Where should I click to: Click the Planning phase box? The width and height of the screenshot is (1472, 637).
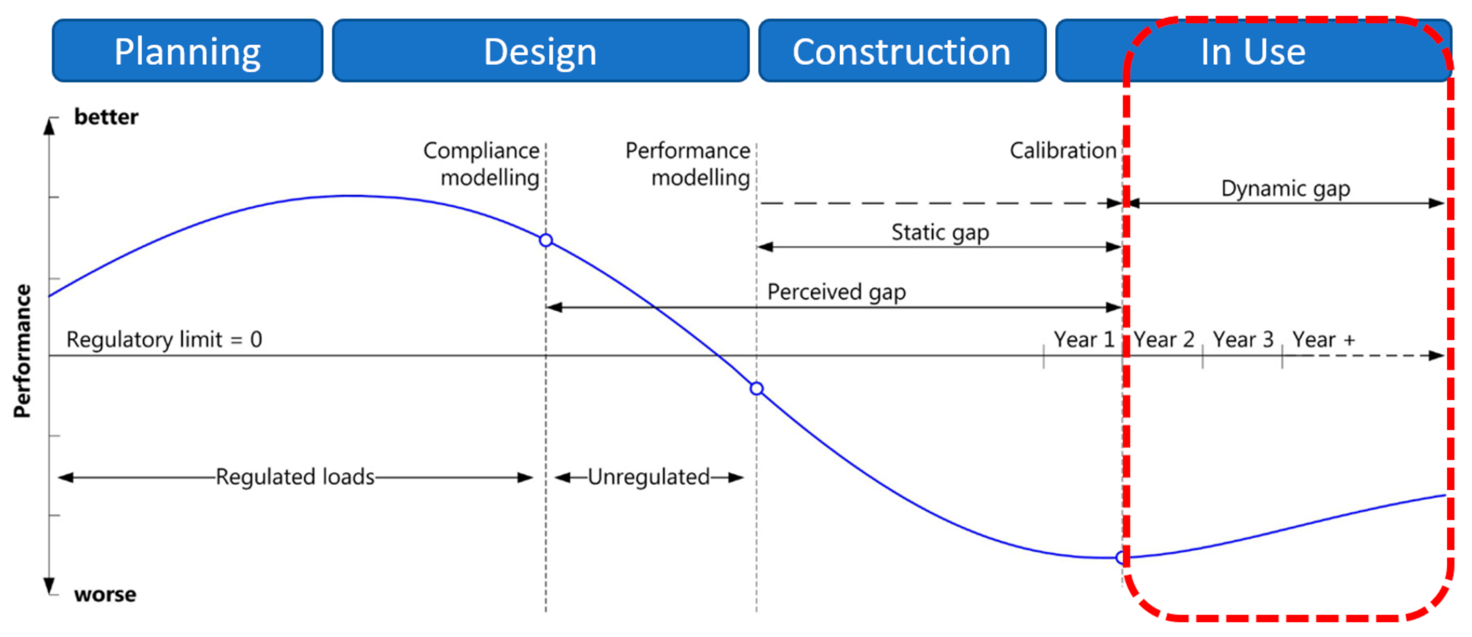188,51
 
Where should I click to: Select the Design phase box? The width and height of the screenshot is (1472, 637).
540,51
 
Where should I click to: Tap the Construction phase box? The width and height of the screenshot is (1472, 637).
902,51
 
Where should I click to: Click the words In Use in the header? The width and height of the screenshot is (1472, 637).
1252,51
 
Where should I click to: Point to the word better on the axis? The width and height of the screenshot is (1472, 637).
106,117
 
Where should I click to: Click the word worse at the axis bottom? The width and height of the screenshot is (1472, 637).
105,594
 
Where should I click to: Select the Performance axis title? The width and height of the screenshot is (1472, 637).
23,351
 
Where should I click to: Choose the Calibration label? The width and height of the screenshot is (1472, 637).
1063,150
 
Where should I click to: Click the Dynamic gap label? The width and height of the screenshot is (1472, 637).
1285,189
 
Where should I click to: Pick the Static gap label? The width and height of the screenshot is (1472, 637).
940,232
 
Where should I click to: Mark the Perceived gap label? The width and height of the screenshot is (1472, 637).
836,292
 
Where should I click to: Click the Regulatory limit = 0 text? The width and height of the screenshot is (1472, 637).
164,340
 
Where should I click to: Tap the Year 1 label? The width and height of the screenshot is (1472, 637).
1083,340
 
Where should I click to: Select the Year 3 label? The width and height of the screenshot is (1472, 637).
1243,340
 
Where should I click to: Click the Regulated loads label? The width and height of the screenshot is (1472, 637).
295,477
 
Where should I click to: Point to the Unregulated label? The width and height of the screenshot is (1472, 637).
649,477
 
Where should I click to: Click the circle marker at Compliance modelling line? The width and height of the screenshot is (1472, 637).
546,240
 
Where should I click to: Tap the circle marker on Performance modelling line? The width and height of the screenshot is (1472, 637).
757,388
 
